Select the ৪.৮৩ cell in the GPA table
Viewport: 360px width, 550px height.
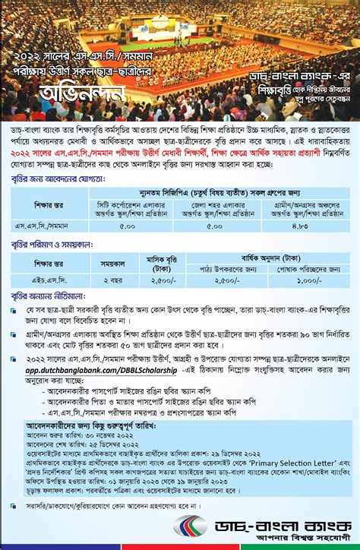(304, 225)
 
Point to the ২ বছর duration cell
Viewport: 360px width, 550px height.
(107, 281)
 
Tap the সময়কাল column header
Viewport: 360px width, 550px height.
(107, 263)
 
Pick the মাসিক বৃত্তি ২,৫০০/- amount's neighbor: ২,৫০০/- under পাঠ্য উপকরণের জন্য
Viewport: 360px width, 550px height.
(221, 281)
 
